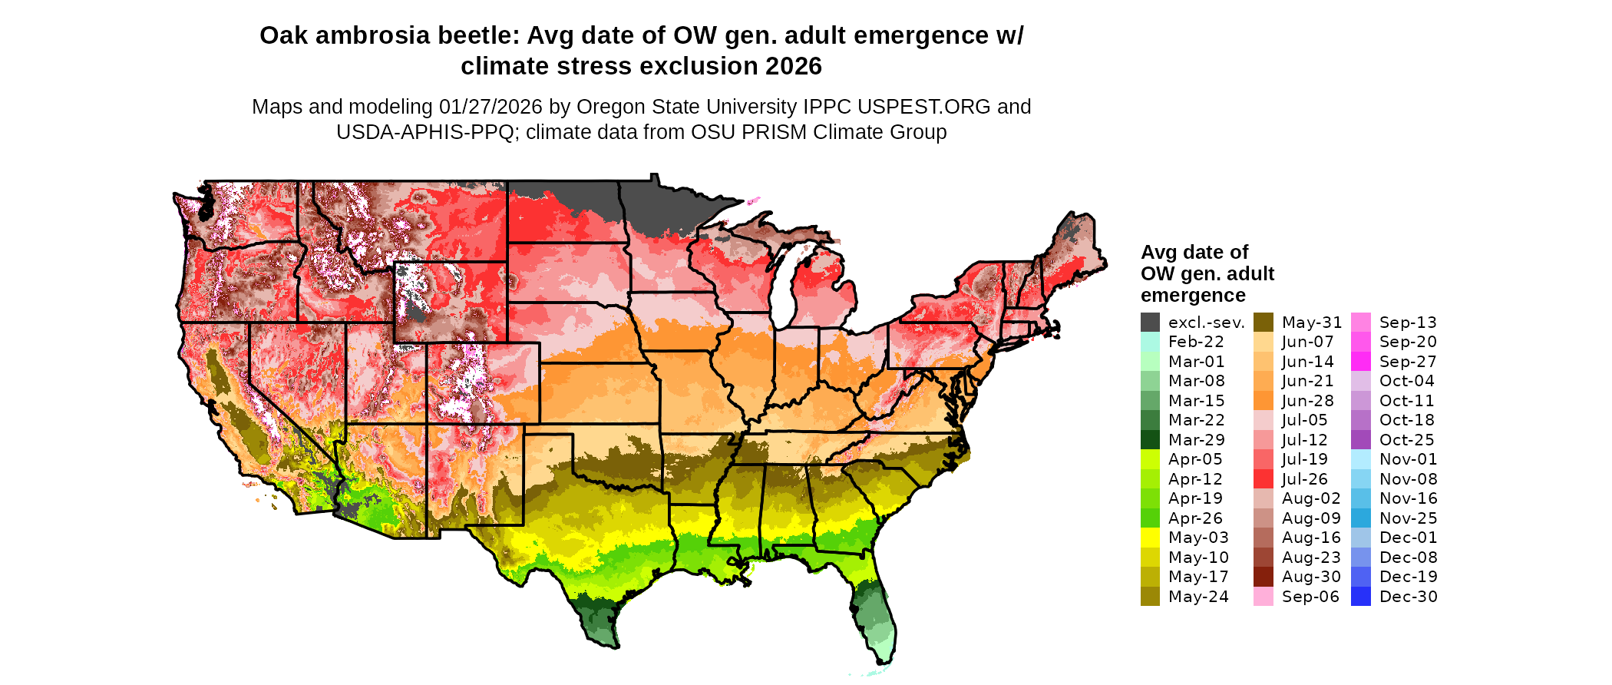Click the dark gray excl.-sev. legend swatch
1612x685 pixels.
pyautogui.click(x=1150, y=323)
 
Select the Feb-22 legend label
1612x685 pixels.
pyautogui.click(x=1196, y=342)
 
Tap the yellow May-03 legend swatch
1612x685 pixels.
pyautogui.click(x=1150, y=538)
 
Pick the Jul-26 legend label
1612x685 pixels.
pyautogui.click(x=1304, y=479)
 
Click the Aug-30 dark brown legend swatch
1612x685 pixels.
pyautogui.click(x=1263, y=577)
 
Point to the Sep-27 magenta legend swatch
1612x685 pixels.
pyautogui.click(x=1360, y=362)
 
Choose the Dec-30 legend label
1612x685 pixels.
pyautogui.click(x=1408, y=597)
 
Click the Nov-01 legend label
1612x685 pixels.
pyautogui.click(x=1408, y=459)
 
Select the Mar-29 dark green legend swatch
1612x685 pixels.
pyautogui.click(x=1150, y=440)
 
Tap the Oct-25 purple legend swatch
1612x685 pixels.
pyautogui.click(x=1360, y=440)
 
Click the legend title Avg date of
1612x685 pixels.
pyautogui.click(x=1194, y=253)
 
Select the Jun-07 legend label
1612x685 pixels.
pyautogui.click(x=1307, y=342)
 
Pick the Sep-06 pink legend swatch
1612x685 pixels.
pyautogui.click(x=1263, y=597)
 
